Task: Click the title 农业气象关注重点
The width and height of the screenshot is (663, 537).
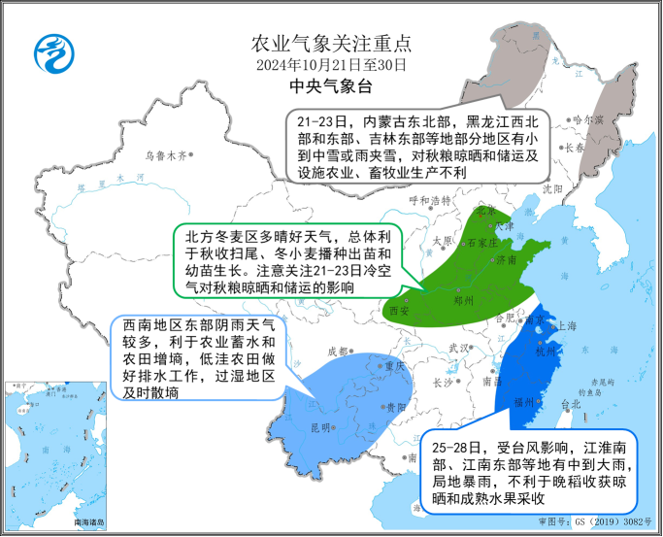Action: tap(332, 44)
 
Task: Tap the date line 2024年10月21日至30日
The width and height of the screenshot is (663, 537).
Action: tap(332, 65)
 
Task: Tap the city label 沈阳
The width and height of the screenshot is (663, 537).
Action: tap(553, 188)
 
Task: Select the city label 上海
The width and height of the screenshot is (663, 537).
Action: tap(567, 326)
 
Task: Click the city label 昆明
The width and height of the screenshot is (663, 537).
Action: tap(319, 427)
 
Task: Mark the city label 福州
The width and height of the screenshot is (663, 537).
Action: tap(526, 401)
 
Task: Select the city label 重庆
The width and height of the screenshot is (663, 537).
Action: tap(392, 366)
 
